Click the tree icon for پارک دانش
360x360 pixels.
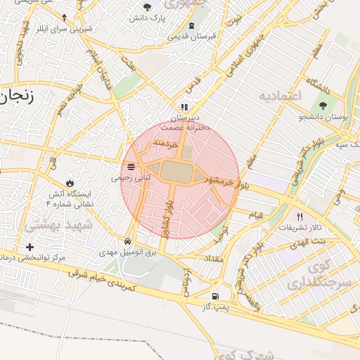click(x=146, y=7)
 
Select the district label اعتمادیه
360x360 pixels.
click(x=279, y=95)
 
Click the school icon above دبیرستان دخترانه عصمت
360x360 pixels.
click(x=184, y=107)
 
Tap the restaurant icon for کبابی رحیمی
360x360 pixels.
click(x=131, y=167)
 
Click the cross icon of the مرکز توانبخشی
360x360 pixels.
click(x=29, y=247)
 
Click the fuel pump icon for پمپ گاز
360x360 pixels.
click(x=214, y=297)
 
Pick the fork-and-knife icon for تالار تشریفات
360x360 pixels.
click(x=300, y=217)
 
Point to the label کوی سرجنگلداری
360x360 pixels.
click(x=310, y=276)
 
